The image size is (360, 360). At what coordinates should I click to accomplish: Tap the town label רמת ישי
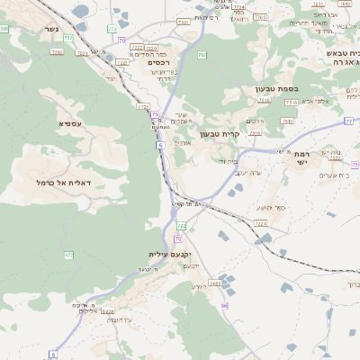301,159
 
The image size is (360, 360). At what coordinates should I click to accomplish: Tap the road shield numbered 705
4,29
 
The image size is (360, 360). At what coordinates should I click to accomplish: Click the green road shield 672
68,256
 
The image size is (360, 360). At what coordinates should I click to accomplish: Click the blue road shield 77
347,120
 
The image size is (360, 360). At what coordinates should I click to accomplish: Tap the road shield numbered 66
224,306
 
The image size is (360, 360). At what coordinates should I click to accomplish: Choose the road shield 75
155,115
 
